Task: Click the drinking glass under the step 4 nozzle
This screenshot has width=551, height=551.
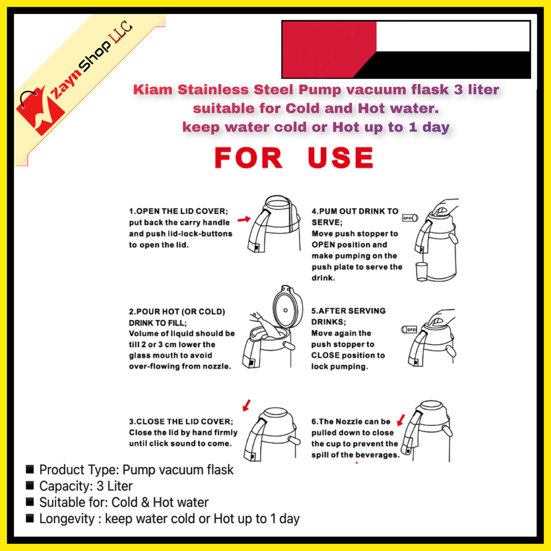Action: click(x=422, y=272)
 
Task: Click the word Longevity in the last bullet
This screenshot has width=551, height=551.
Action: click(x=67, y=519)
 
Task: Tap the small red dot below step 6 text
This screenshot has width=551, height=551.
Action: click(x=357, y=463)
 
